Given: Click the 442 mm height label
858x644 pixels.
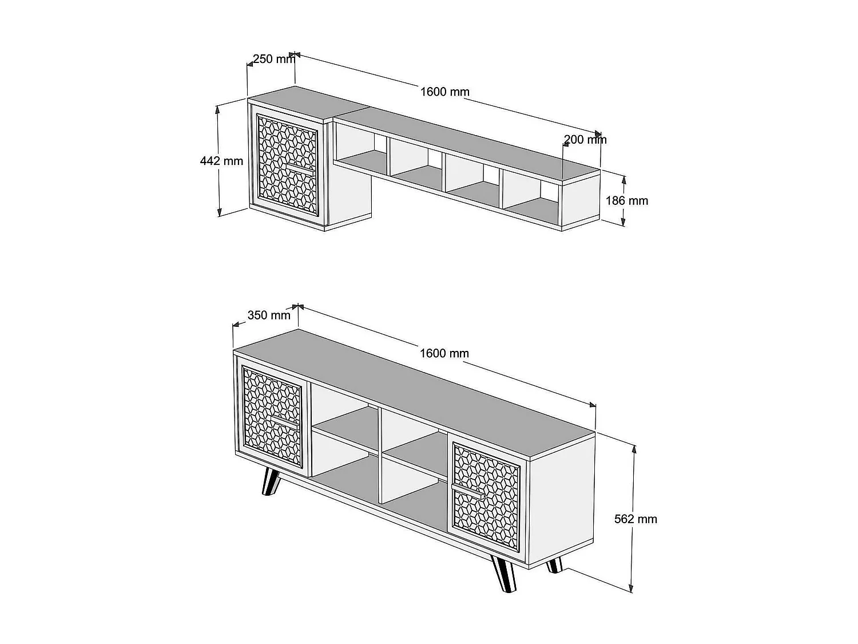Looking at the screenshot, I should (221, 161).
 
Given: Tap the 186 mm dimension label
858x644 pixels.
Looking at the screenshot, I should (627, 200).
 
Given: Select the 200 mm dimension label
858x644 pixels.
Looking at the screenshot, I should (585, 139).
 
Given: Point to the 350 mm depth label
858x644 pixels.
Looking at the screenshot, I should (269, 315).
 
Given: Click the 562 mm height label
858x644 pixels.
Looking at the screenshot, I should (635, 519).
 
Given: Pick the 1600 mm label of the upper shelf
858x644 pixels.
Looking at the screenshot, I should (444, 92).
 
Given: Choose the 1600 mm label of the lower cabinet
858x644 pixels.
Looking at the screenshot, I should (444, 353).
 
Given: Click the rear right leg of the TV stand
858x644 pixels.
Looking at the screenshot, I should (554, 566).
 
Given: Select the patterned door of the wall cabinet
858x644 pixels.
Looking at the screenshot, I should (287, 165).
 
